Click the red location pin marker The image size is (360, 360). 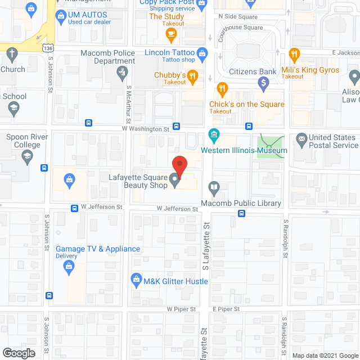(x=179, y=165)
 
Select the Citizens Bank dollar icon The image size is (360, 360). (x=263, y=83)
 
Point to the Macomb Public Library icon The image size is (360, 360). (x=214, y=187)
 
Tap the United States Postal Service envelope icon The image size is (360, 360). (x=301, y=138)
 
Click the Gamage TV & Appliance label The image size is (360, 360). (x=98, y=249)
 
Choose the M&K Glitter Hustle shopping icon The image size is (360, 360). (x=136, y=279)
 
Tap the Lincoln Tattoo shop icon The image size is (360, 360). (x=203, y=53)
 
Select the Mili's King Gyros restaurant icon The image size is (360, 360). (x=293, y=55)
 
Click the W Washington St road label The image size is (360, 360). (x=146, y=129)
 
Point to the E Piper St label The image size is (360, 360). (x=226, y=309)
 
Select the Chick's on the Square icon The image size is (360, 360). (x=222, y=88)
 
